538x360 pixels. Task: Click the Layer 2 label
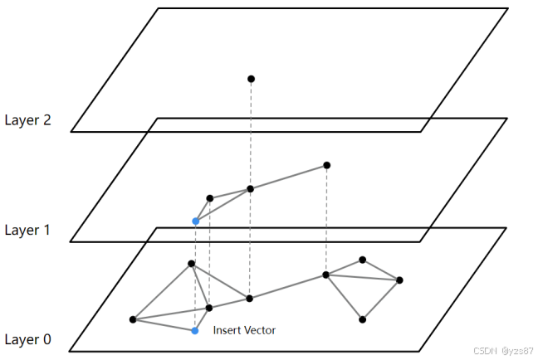coord(28,120)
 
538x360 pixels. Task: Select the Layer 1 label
coord(28,230)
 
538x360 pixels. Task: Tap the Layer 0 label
coord(28,339)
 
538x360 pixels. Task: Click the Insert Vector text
coord(244,330)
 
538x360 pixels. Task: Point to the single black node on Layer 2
coord(251,79)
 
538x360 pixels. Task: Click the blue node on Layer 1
coord(195,221)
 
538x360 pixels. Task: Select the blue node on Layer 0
coord(195,331)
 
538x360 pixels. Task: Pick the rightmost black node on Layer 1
coord(327,165)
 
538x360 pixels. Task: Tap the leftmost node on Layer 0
coord(133,319)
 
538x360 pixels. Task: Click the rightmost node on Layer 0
coord(399,280)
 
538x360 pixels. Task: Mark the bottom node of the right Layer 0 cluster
coord(362,319)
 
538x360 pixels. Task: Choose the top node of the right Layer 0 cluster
coord(363,260)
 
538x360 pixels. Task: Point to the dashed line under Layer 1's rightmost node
coord(326,220)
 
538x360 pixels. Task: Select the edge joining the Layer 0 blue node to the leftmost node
coord(164,325)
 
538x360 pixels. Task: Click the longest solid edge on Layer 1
coord(289,177)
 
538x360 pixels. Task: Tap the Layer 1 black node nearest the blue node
coord(209,198)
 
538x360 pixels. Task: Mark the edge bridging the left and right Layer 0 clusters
coord(287,287)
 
